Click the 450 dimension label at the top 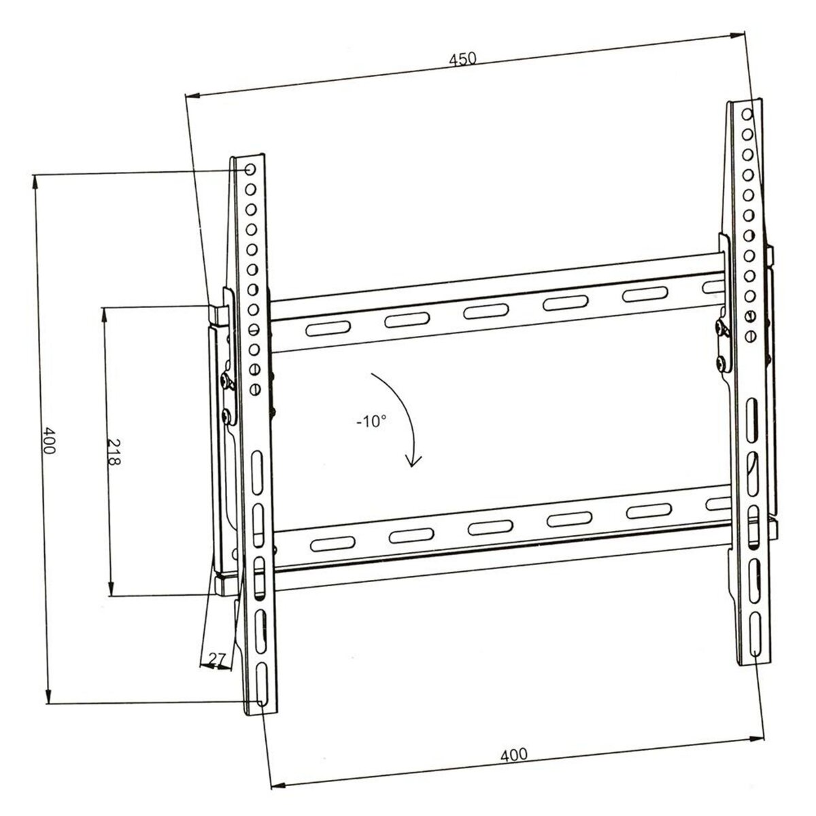click(462, 59)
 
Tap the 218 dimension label click(114, 451)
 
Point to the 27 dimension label click(217, 658)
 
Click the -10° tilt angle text click(371, 422)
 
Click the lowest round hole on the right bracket click(750, 336)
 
